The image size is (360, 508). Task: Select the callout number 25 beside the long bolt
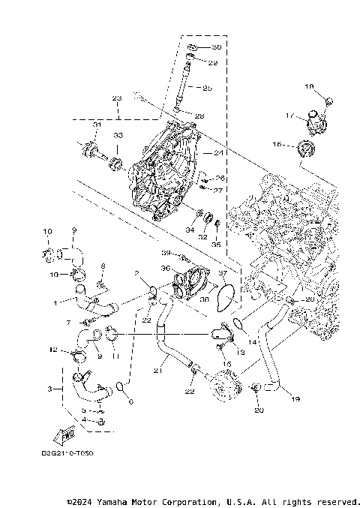208,89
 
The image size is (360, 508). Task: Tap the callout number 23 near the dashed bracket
116,99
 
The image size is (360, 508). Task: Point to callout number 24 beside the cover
219,153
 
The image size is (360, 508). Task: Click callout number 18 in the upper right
308,87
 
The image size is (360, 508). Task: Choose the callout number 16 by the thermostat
277,143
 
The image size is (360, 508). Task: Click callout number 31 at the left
97,125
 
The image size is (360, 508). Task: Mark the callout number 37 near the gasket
222,274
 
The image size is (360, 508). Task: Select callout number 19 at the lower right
295,400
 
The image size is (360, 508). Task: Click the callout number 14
252,341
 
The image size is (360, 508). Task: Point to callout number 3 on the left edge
49,389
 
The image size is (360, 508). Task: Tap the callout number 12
53,350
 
